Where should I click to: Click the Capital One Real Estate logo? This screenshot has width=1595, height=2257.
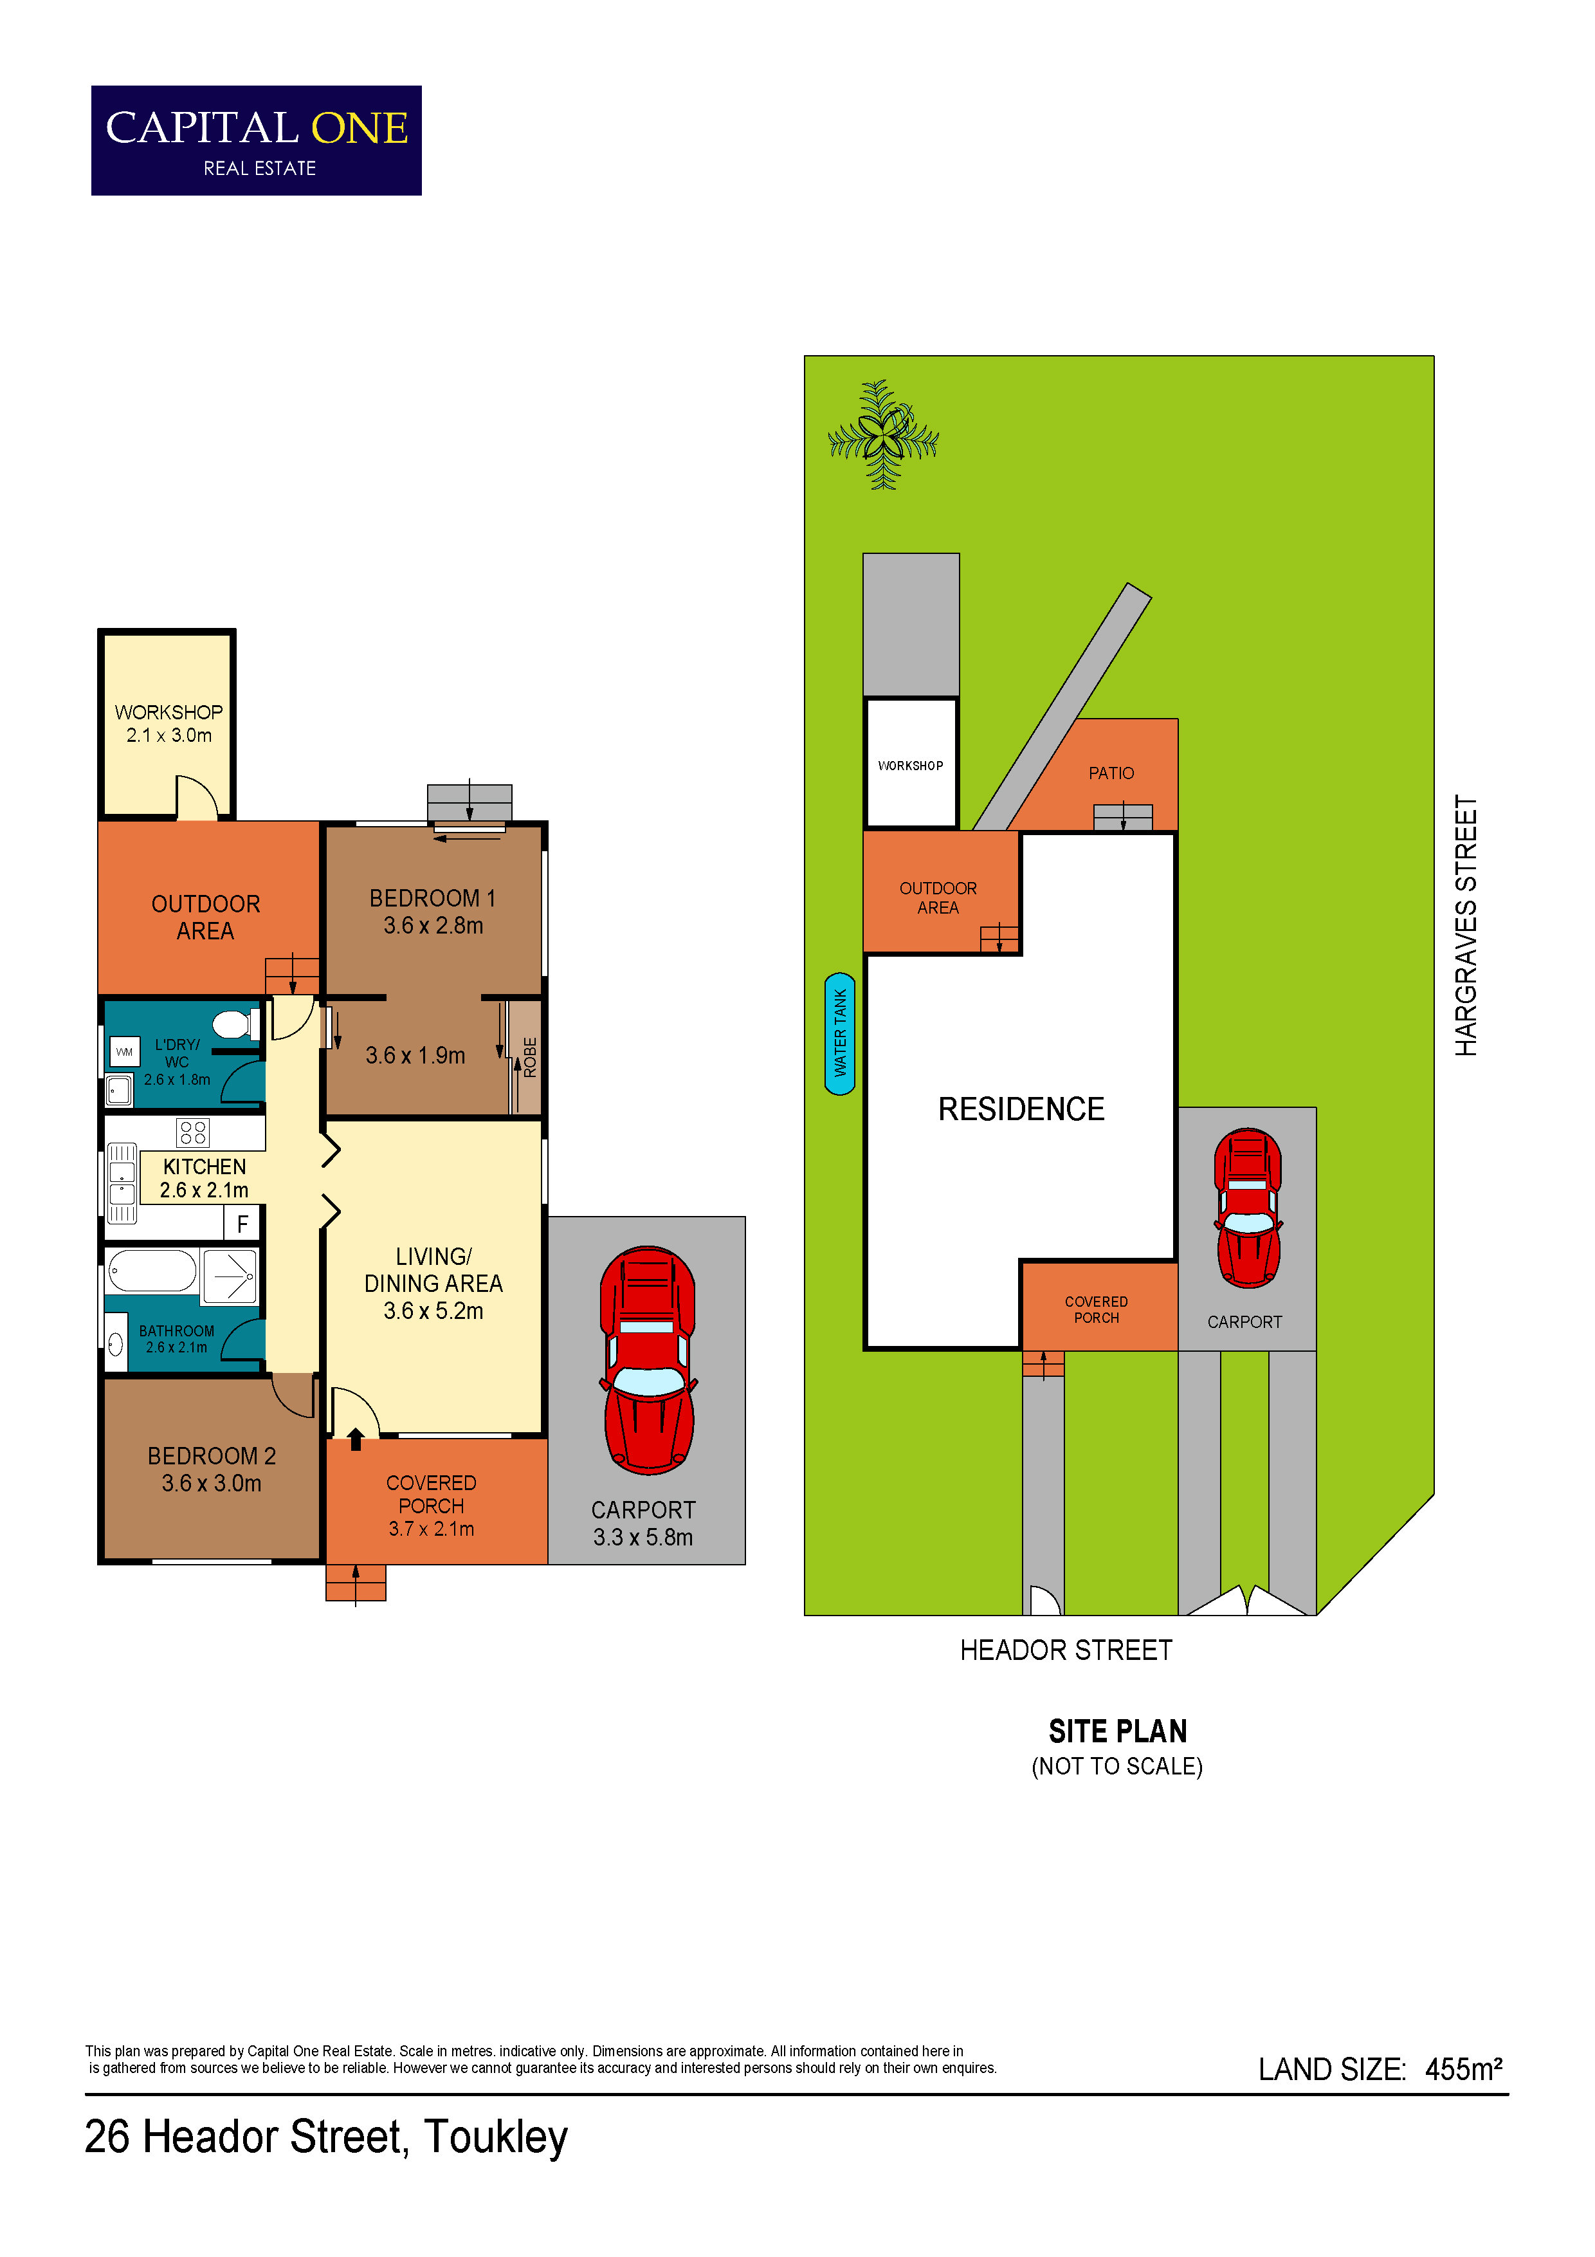tap(257, 140)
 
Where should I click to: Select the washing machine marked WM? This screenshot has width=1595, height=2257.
tap(124, 1052)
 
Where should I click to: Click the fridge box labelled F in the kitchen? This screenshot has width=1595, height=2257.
tap(242, 1224)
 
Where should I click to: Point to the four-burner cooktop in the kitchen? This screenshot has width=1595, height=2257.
tap(192, 1132)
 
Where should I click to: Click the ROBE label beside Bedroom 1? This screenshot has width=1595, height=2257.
tap(530, 1058)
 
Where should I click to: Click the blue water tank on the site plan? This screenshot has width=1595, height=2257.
tap(840, 1033)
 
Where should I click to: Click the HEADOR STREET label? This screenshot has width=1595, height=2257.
tap(1066, 1650)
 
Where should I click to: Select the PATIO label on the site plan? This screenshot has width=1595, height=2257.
tap(1111, 773)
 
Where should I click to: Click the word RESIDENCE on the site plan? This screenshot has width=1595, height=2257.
tap(1021, 1109)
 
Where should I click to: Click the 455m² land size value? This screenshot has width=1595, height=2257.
tap(1463, 2069)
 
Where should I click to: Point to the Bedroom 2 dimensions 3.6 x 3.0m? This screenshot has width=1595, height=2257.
tap(212, 1484)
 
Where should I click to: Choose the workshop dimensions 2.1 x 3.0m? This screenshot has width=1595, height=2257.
tap(169, 735)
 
